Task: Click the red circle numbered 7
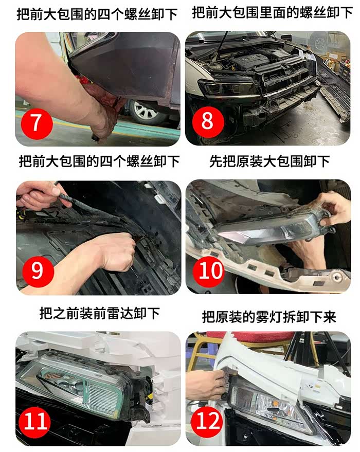(x=37, y=123)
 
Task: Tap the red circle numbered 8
(x=208, y=121)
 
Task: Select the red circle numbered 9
(x=38, y=271)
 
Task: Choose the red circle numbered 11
(x=34, y=421)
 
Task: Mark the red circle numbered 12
(x=208, y=421)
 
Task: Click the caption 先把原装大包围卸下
(x=269, y=161)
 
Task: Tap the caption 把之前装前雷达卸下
(x=99, y=313)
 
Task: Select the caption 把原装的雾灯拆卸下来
(x=269, y=317)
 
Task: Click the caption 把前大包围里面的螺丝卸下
(x=272, y=13)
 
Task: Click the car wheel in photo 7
(x=144, y=111)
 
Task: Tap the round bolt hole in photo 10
(x=337, y=277)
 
